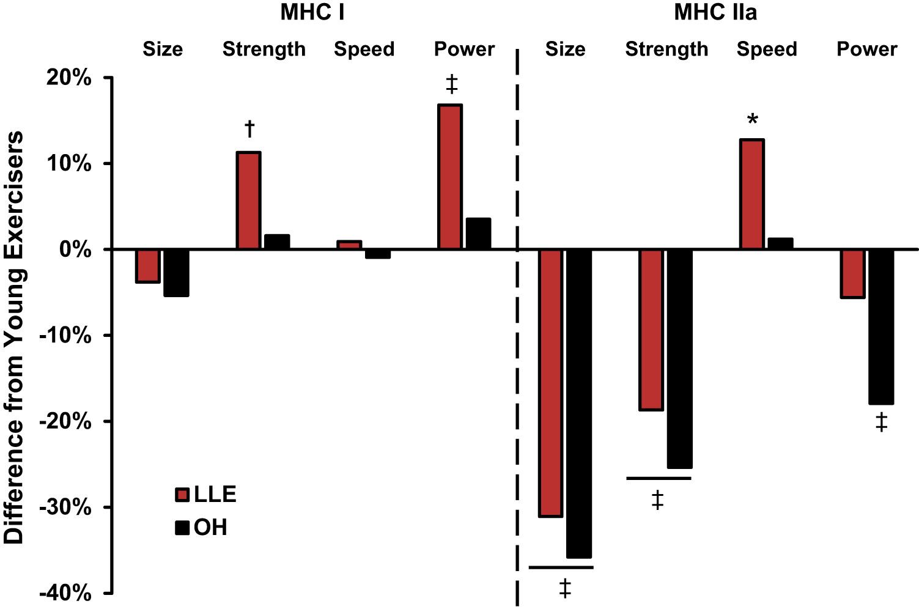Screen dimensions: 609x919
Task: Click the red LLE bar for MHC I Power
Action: [449, 177]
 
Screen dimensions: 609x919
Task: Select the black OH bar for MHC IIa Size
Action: [579, 404]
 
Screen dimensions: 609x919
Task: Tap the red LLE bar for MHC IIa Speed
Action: [751, 194]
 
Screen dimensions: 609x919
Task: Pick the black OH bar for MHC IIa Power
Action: [881, 327]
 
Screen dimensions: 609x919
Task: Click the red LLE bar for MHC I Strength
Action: [248, 201]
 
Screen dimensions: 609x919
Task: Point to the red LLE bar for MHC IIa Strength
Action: [651, 330]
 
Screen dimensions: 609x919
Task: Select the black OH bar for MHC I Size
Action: [176, 273]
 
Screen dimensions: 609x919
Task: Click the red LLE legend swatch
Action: [182, 495]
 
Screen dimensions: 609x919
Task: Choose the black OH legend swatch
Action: [182, 527]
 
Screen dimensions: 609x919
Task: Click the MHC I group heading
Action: [312, 12]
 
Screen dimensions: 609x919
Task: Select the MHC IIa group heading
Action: [715, 12]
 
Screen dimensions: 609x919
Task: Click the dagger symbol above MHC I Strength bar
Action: [249, 129]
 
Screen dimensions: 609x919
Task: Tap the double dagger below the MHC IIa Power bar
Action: [881, 422]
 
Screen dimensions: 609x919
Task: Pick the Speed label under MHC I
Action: [364, 49]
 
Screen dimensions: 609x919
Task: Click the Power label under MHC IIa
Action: [866, 49]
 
